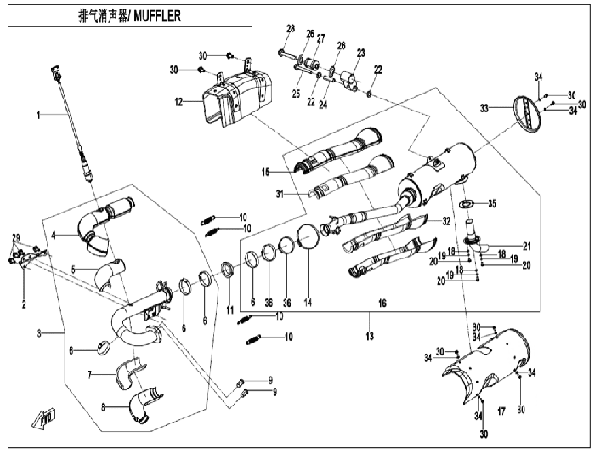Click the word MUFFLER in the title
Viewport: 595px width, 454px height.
(157, 16)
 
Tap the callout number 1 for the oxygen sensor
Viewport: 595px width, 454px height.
(38, 115)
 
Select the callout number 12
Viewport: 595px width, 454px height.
(178, 102)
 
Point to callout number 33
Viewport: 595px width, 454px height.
(484, 109)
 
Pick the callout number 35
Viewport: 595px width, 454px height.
(492, 203)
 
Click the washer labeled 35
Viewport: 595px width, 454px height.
(466, 204)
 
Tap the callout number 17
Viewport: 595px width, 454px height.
(501, 411)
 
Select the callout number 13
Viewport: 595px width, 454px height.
(370, 336)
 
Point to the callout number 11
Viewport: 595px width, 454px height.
(230, 310)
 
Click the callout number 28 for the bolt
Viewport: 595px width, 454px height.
(291, 28)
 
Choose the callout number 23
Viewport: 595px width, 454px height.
(360, 53)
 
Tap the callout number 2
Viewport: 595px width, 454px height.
(24, 304)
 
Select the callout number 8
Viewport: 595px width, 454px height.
(103, 407)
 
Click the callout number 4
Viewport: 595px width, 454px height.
(54, 236)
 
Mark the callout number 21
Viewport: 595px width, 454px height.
(527, 247)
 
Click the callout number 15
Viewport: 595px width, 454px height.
(265, 173)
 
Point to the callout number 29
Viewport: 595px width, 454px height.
(16, 238)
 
